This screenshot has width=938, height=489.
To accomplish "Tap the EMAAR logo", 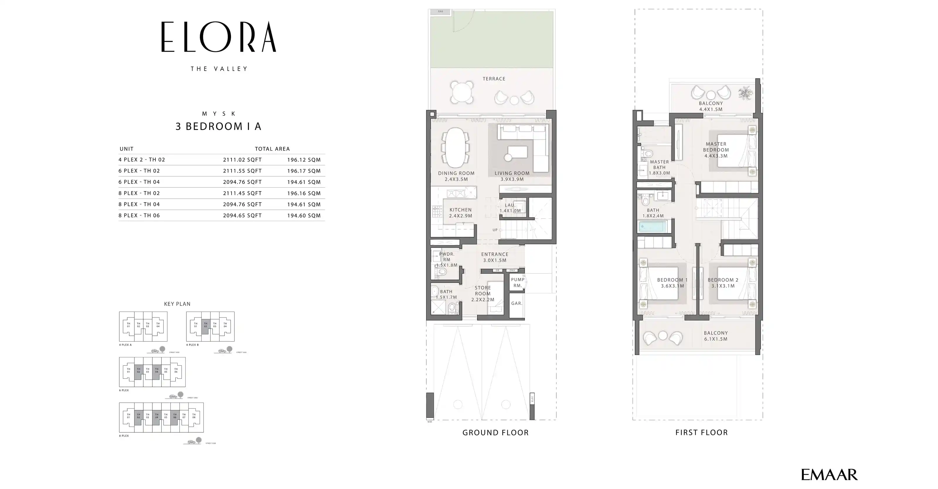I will click(829, 475).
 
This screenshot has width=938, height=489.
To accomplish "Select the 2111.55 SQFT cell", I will click(242, 171).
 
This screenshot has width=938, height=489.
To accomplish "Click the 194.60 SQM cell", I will click(304, 215).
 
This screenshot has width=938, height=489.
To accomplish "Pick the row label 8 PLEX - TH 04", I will click(139, 204).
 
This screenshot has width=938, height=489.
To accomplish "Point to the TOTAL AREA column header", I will click(272, 149).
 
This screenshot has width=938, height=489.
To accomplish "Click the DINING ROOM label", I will click(456, 176).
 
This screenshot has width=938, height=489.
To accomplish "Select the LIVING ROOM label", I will click(512, 176).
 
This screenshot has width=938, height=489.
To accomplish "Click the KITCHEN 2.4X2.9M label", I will click(460, 213).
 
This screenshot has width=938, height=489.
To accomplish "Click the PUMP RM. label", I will click(517, 283).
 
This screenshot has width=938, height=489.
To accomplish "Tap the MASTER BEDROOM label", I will click(716, 150).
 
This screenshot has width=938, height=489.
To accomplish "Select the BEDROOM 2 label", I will click(723, 283).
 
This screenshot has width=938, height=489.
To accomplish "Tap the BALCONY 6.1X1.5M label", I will click(716, 336).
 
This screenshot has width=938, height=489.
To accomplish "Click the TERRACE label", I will click(494, 79).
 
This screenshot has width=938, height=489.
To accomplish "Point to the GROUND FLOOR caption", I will click(495, 432).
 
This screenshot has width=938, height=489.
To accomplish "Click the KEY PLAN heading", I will click(177, 304).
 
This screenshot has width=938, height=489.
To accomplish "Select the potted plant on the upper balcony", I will click(745, 93).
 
